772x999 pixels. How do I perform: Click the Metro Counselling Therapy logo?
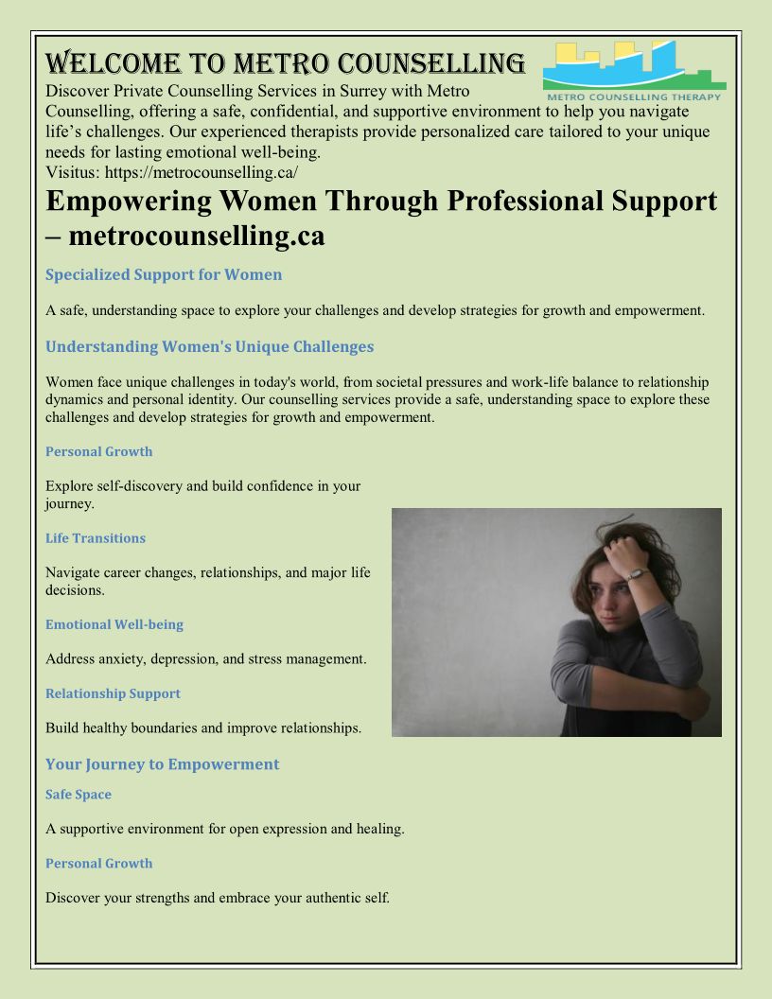coord(634,71)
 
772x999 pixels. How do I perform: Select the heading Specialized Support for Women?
coord(164,274)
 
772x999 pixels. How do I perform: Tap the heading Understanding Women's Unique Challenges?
coord(209,346)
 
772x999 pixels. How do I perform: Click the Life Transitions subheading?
coord(96,538)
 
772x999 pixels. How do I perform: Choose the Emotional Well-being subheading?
coord(114,624)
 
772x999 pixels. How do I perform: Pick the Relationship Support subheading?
coord(113,693)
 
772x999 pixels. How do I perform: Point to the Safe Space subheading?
coord(79,795)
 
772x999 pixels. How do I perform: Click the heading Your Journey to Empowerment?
coord(162,764)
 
